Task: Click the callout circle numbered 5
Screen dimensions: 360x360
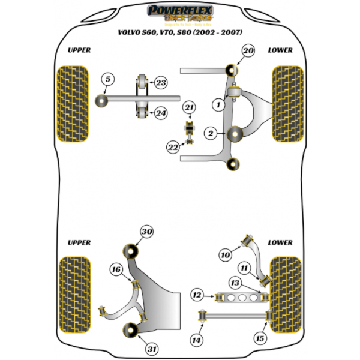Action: (x=107, y=79)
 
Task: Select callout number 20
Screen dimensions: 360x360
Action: (x=248, y=52)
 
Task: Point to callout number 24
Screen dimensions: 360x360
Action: (x=161, y=112)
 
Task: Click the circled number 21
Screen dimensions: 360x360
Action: (x=190, y=108)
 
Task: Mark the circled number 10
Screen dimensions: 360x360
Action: (x=224, y=255)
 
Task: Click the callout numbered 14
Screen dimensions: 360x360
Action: (x=196, y=341)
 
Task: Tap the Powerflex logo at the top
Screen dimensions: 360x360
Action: (x=179, y=13)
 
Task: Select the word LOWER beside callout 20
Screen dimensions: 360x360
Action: (x=280, y=50)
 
